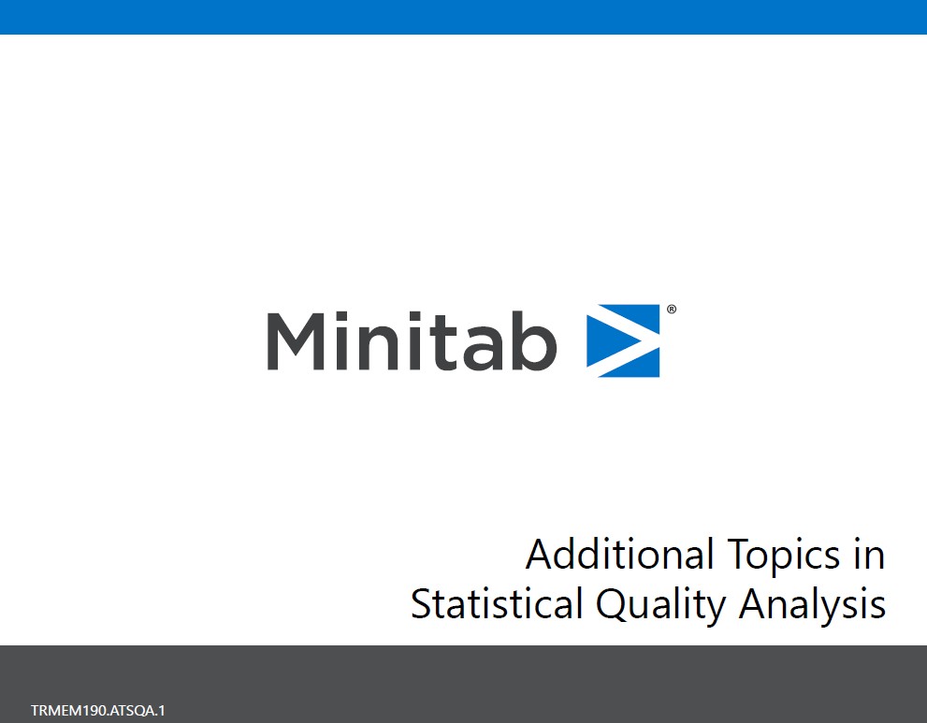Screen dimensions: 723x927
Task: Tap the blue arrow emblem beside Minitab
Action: [623, 340]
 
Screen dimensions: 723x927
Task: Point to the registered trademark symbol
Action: [671, 309]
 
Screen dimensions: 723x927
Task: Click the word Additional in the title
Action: [607, 555]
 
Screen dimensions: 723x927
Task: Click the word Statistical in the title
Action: [496, 604]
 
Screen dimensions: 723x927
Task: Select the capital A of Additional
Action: [540, 555]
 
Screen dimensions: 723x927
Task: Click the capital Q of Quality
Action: [612, 605]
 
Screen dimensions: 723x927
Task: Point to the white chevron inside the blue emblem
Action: [628, 340]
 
